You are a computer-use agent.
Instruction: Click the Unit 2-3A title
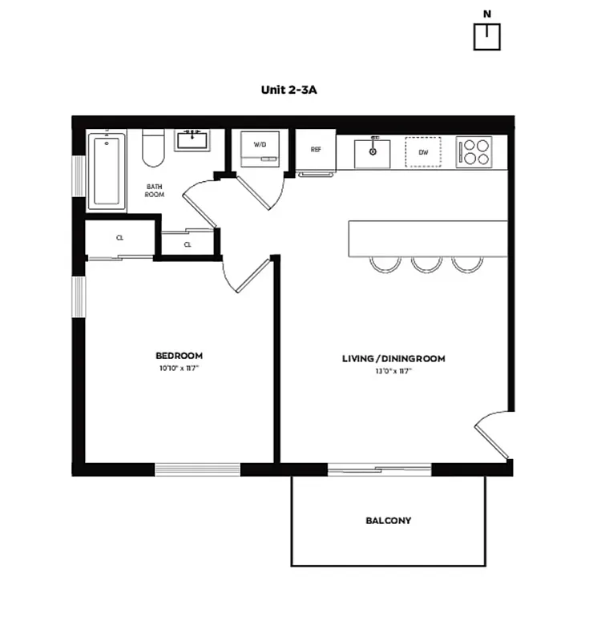click(x=289, y=90)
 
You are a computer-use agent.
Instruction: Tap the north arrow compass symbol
click(x=486, y=35)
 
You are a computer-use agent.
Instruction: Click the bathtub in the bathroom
click(x=107, y=171)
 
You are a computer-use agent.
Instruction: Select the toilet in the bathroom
click(x=153, y=147)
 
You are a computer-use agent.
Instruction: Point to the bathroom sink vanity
click(x=192, y=139)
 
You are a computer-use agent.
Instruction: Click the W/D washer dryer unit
click(x=260, y=148)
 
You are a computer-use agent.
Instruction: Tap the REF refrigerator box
click(x=316, y=151)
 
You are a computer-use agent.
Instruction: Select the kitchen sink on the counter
click(x=373, y=152)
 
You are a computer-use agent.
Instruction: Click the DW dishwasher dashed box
click(x=422, y=151)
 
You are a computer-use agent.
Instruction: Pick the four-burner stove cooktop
click(x=474, y=151)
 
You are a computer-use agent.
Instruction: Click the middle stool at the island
click(x=426, y=264)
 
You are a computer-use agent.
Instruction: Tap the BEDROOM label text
click(x=179, y=356)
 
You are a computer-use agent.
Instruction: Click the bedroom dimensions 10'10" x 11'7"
click(x=179, y=369)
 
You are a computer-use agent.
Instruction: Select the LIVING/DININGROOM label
click(x=393, y=358)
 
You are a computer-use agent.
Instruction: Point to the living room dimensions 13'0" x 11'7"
click(x=393, y=372)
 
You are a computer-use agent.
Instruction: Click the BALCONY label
click(x=389, y=521)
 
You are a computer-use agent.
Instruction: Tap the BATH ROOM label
click(x=155, y=191)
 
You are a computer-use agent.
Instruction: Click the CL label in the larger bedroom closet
click(x=119, y=238)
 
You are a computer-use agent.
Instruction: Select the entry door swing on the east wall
click(x=493, y=437)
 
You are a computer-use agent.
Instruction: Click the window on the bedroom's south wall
click(x=197, y=470)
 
